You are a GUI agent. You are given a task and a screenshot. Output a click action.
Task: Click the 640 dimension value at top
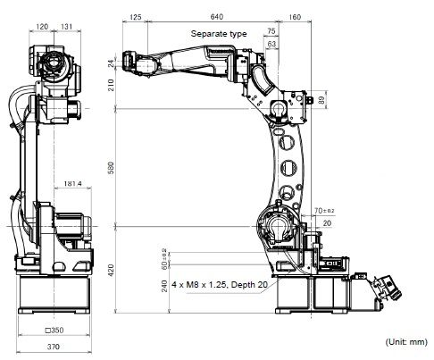coord(217,16)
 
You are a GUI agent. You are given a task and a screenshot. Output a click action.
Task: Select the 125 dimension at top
coord(136,16)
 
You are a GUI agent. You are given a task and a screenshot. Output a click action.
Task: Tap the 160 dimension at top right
coord(296,16)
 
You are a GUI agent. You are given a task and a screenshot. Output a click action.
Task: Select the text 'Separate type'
coord(219,33)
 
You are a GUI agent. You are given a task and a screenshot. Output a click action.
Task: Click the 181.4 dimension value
coord(75,185)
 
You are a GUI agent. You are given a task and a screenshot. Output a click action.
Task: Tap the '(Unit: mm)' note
coord(406,342)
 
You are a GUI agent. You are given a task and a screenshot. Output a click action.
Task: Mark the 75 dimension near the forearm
coord(271,31)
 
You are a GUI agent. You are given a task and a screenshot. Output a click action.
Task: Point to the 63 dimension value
coord(271,43)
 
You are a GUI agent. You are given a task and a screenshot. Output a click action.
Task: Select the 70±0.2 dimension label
coord(322,211)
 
